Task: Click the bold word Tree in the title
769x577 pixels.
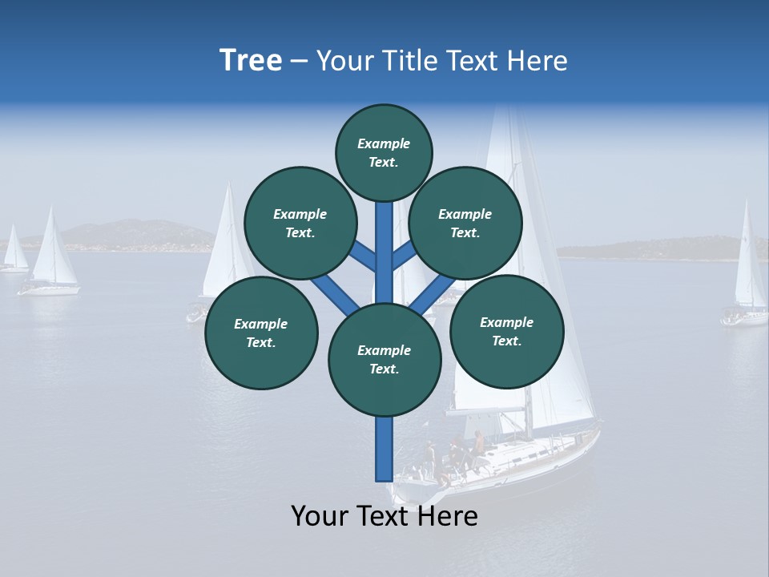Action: point(251,61)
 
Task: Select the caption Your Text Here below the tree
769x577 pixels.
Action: point(384,516)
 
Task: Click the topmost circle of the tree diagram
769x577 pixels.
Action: point(384,152)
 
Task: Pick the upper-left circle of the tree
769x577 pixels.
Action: point(300,223)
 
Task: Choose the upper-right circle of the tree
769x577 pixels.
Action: point(465,223)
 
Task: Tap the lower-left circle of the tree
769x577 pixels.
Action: point(261,333)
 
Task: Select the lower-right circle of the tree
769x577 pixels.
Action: point(507,331)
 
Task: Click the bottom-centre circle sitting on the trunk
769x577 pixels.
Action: point(384,360)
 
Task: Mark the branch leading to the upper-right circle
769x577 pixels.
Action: point(403,255)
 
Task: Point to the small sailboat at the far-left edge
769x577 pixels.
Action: point(14,252)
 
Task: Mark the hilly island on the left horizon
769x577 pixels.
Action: point(128,234)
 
